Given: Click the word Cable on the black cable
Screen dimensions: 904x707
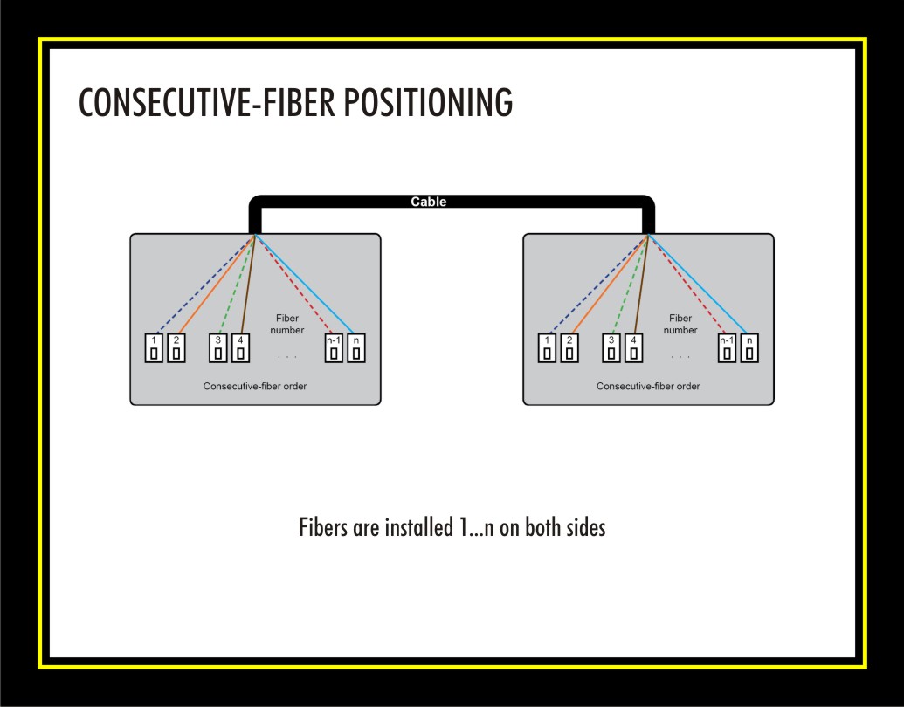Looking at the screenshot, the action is pos(428,202).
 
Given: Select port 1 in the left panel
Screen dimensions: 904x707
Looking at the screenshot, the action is pos(154,348).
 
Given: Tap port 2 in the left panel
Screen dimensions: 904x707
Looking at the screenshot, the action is pos(176,348).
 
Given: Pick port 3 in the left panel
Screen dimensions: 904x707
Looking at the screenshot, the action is pos(218,348).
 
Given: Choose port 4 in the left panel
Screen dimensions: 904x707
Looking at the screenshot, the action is pos(240,348).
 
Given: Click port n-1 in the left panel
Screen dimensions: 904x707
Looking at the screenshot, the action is pos(334,348).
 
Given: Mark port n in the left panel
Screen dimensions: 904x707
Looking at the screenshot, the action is pos(356,348).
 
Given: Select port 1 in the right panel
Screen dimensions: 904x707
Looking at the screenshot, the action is pos(547,348).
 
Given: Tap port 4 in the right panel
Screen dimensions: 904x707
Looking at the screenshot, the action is pos(633,348).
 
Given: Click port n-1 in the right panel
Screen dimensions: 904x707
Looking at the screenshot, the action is pos(727,348).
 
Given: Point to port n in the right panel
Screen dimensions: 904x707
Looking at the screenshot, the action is pos(749,348).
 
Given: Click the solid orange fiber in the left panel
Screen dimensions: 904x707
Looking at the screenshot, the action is pos(217,284).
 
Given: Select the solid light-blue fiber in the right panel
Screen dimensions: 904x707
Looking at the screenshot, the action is pos(698,284).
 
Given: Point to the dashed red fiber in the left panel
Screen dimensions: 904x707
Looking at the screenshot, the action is pos(293,284).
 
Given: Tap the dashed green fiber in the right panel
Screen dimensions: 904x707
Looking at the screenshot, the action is pos(630,284).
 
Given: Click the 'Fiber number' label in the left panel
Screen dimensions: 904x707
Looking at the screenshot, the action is pos(287,324).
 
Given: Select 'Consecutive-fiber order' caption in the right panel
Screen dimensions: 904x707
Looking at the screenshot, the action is pos(648,386).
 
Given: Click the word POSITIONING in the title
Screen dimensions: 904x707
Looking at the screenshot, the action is pos(428,103).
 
